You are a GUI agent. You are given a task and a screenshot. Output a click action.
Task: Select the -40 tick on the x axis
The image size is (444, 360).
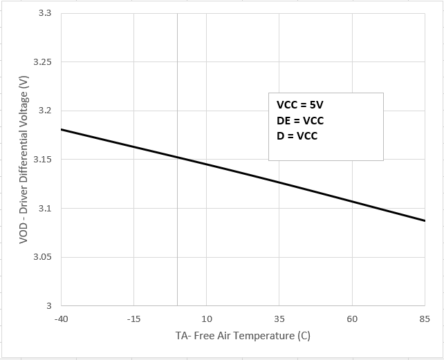click(61, 319)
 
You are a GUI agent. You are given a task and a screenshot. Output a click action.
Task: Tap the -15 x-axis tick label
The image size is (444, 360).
click(133, 319)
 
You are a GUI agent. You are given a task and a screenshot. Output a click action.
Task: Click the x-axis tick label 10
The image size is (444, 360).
click(207, 319)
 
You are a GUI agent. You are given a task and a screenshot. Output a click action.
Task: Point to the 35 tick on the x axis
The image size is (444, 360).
click(279, 319)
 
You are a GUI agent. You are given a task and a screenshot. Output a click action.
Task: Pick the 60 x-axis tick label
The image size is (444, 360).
click(352, 319)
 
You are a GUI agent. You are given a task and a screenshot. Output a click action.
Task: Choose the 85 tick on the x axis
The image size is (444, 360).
click(425, 319)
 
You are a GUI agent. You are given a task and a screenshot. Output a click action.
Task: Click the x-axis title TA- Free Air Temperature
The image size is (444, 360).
click(243, 337)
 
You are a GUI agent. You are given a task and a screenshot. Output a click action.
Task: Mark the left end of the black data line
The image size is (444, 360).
click(62, 129)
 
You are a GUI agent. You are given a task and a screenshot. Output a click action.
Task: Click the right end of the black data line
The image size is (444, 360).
click(425, 220)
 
